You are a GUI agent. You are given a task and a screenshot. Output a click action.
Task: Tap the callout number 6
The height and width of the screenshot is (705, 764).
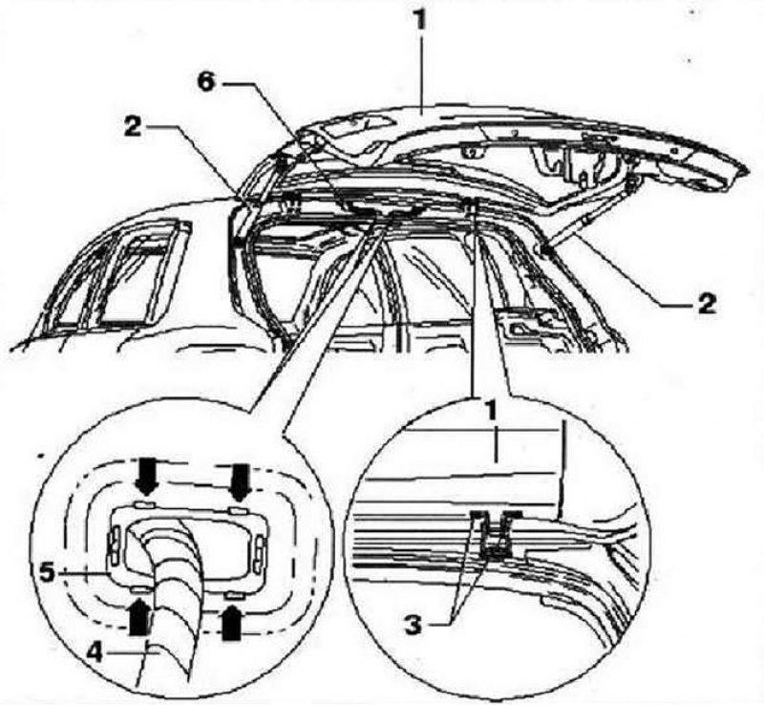(x=206, y=82)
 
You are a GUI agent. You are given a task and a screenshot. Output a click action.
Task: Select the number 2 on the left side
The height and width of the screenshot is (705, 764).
(x=132, y=127)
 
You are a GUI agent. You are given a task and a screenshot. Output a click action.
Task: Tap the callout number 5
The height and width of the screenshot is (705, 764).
(x=49, y=573)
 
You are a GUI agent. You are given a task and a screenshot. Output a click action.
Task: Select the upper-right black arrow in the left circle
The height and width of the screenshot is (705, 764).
(x=241, y=481)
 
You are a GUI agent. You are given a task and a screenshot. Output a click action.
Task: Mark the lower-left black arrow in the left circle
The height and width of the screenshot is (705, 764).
(x=139, y=617)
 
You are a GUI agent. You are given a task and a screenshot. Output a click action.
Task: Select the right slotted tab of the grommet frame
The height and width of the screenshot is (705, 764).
(x=257, y=553)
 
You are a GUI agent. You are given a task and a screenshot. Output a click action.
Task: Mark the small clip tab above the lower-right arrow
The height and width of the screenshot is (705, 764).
(x=234, y=596)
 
